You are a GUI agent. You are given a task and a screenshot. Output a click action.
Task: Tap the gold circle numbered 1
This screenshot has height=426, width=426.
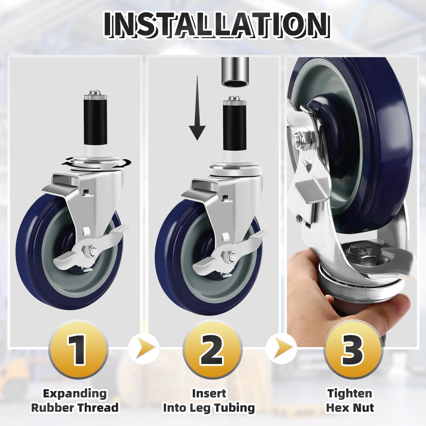(x=78, y=350)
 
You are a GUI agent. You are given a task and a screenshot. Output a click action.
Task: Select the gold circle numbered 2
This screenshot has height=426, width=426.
(x=212, y=350)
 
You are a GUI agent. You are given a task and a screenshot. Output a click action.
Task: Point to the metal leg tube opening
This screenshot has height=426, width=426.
(x=235, y=83)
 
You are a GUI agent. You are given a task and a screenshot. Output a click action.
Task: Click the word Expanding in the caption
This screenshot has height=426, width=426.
(x=75, y=393)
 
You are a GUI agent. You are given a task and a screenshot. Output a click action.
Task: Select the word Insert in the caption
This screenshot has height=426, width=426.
(x=209, y=393)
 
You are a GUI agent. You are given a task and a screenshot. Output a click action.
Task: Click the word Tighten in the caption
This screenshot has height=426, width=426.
(x=350, y=393)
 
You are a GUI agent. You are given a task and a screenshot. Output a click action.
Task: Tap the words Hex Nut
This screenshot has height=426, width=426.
(x=350, y=407)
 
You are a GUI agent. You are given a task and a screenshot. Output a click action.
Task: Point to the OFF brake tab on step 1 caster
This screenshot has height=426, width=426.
(x=123, y=229)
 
